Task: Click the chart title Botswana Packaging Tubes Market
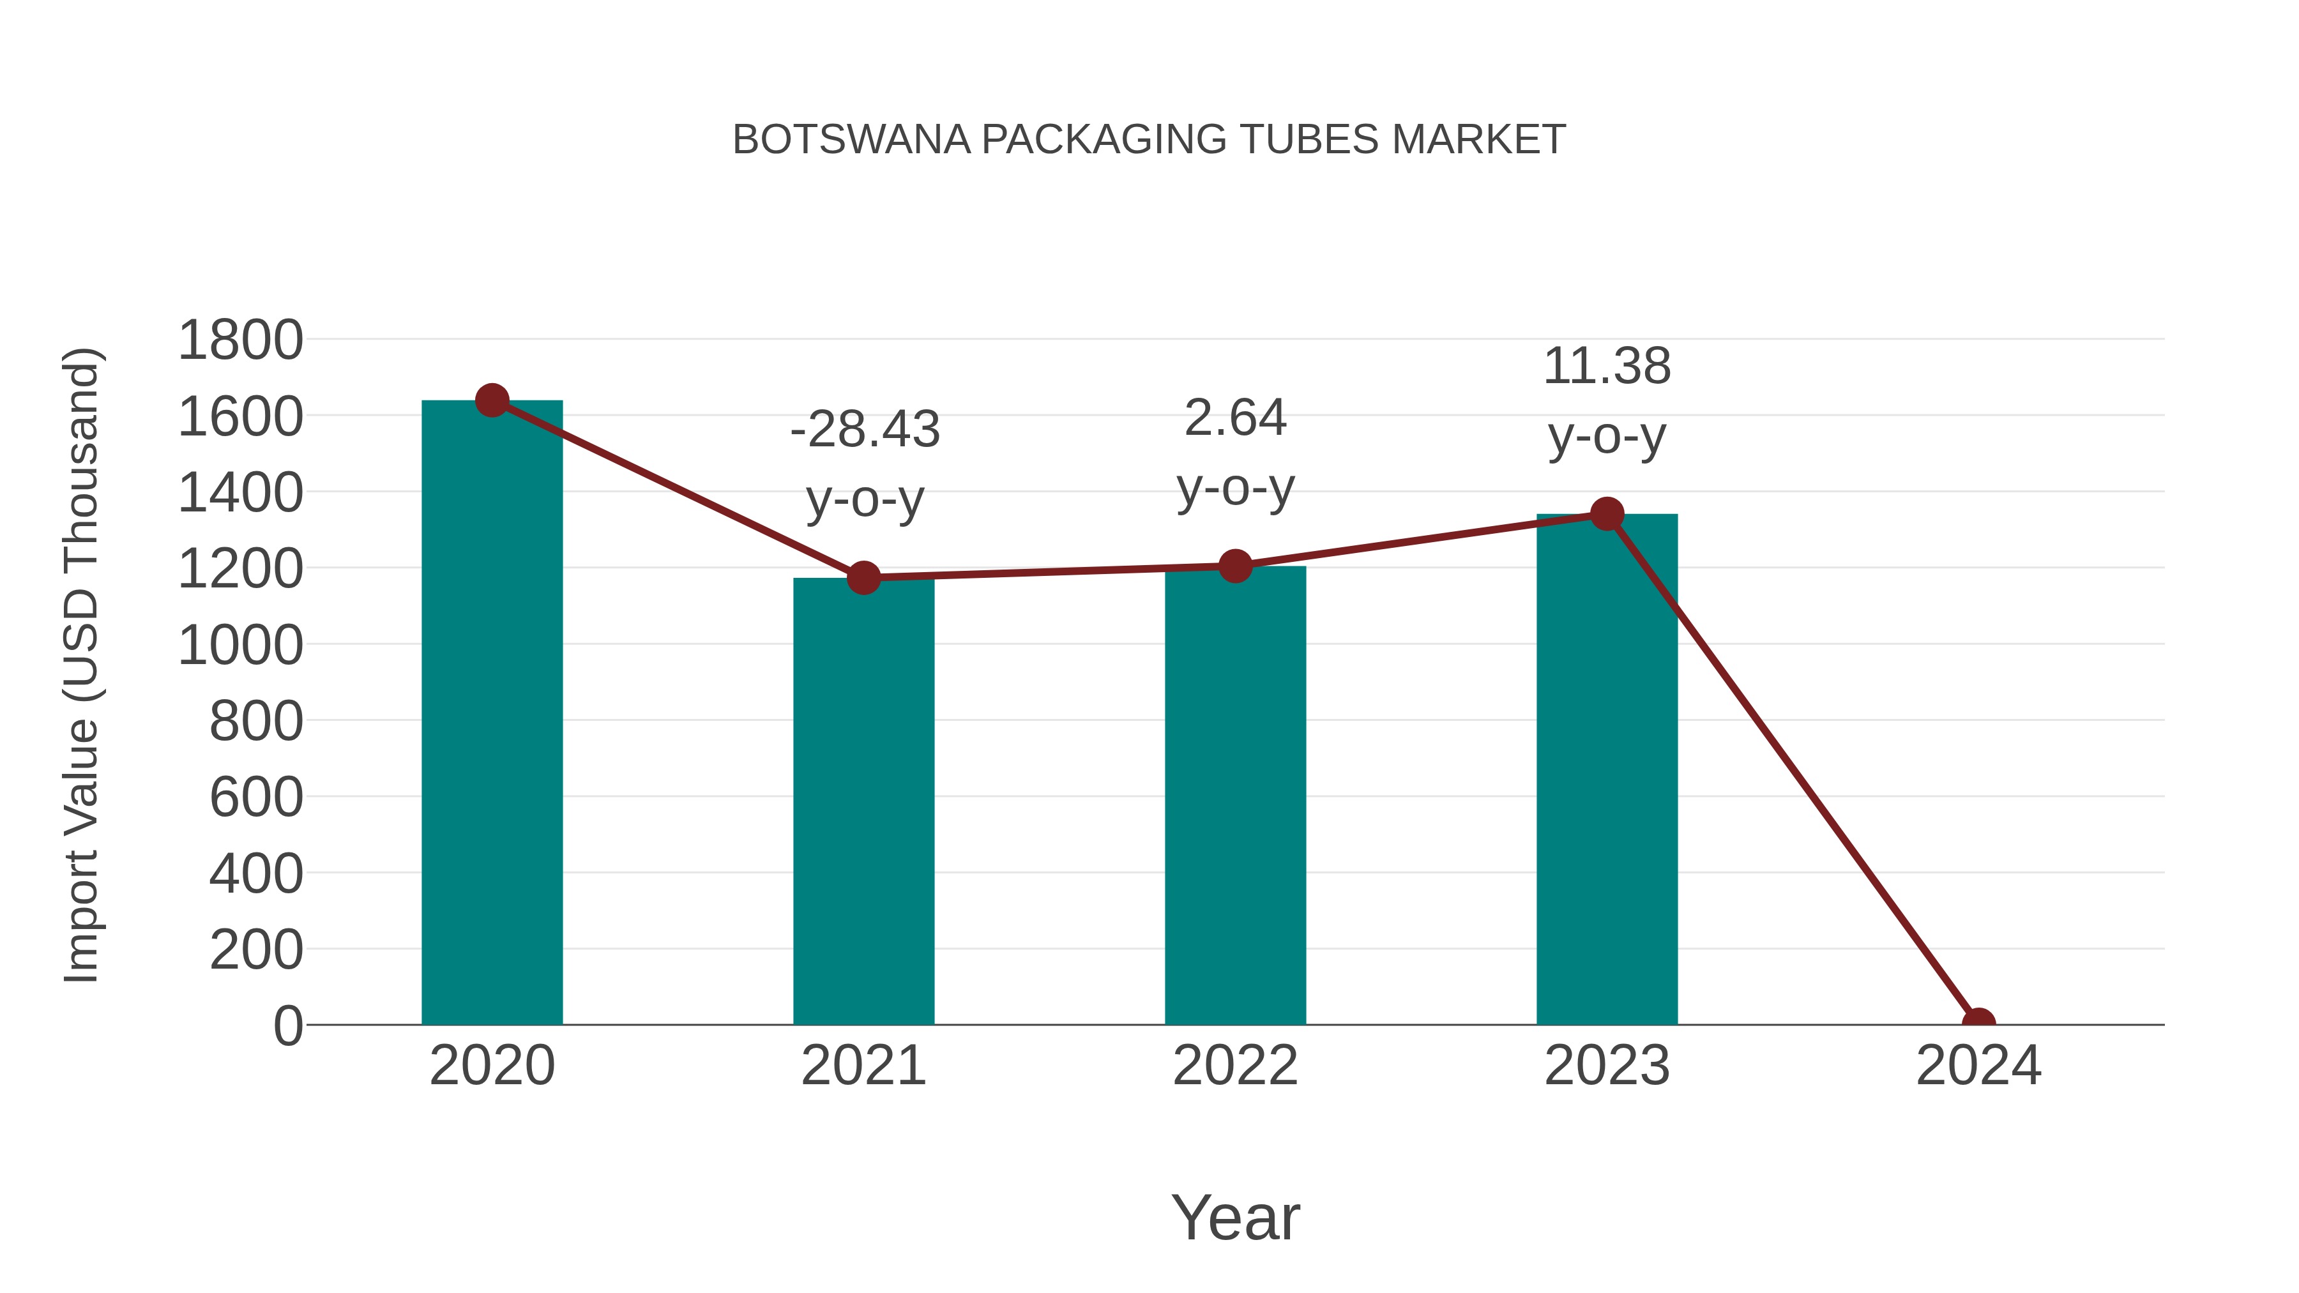pos(1149,140)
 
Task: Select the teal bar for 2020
pos(492,714)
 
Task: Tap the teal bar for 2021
pos(863,803)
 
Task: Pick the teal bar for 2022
pos(1234,794)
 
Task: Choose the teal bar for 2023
pos(1607,767)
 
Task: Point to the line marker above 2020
pos(492,400)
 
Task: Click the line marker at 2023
pos(1607,514)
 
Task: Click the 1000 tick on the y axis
pos(240,645)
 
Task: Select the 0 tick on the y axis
pos(287,1025)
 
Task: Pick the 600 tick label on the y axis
pos(255,797)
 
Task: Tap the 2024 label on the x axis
pos(1978,1066)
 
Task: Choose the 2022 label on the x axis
pos(1234,1066)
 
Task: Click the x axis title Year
pos(1235,1217)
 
